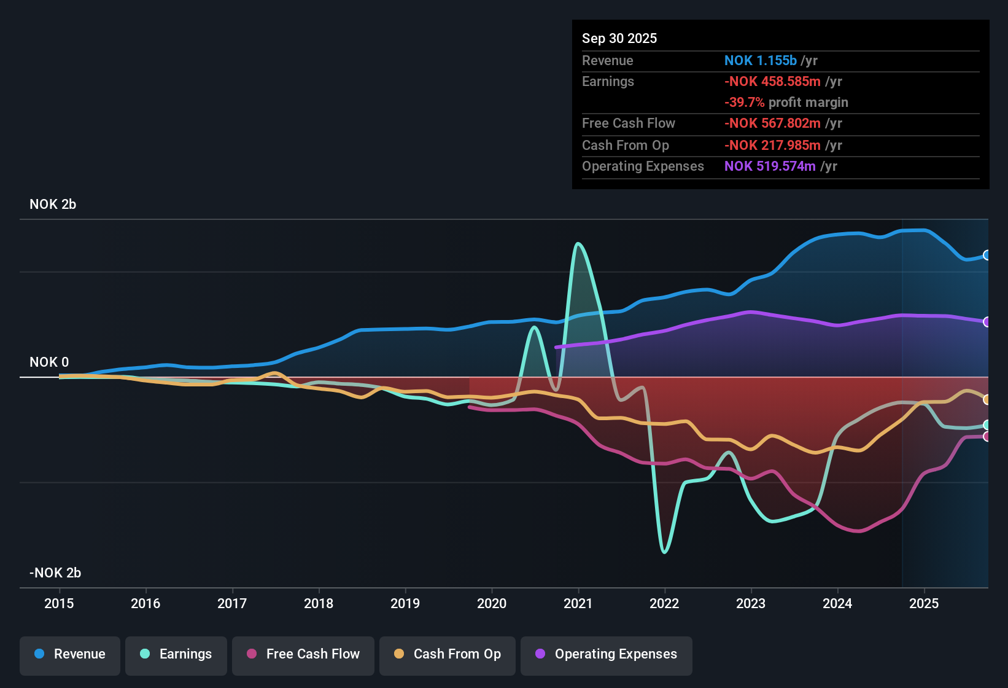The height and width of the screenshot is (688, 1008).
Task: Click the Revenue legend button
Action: click(x=70, y=654)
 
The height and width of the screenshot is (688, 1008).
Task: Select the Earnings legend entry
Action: click(x=176, y=654)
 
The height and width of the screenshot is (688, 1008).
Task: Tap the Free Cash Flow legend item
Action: click(x=303, y=654)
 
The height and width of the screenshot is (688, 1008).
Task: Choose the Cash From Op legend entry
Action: click(x=448, y=654)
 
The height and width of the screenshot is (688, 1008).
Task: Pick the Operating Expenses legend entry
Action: click(x=607, y=654)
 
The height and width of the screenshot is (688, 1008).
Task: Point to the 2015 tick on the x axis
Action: click(x=59, y=603)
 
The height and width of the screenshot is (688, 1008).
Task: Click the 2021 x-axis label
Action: click(x=578, y=603)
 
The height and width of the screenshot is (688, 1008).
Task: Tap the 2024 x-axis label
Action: click(x=837, y=603)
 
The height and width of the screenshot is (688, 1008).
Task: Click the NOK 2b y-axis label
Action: click(x=53, y=205)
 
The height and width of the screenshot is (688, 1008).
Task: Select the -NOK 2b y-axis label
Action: click(x=55, y=573)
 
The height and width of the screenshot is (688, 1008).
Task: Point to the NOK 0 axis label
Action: click(x=49, y=362)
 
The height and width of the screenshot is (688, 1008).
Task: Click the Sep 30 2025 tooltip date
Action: click(x=619, y=39)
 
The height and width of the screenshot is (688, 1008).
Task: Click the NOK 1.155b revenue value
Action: click(x=760, y=61)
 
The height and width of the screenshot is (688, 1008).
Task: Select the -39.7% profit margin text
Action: click(x=786, y=103)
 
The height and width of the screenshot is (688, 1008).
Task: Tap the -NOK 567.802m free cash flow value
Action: click(x=772, y=123)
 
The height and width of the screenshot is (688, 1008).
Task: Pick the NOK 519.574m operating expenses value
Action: click(x=770, y=166)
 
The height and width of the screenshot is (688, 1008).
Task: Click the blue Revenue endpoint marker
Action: click(x=987, y=255)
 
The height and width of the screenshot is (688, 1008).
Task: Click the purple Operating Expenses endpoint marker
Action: click(x=987, y=322)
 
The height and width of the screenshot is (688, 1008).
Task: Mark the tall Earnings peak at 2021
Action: click(x=578, y=244)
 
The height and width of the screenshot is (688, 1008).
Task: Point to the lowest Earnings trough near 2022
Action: click(x=664, y=552)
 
